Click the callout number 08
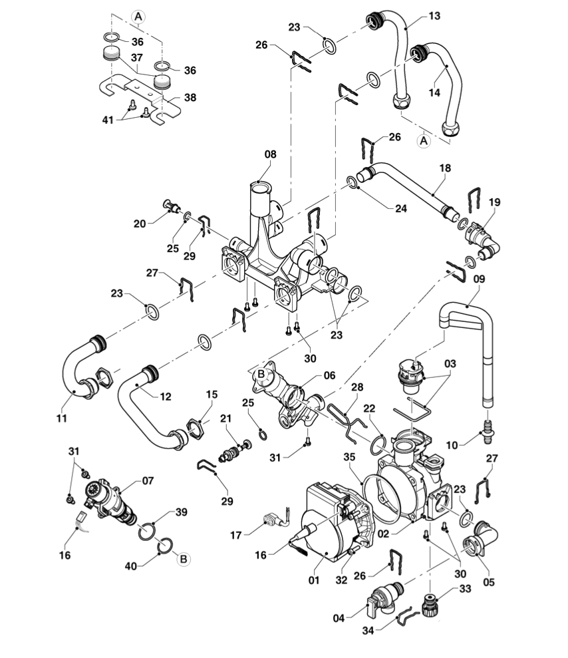point(271,154)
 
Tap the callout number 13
point(434,16)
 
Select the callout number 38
point(190,97)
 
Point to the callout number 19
point(495,202)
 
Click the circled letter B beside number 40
point(184,560)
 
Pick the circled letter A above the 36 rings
point(138,17)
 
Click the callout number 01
point(314,580)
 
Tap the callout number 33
point(465,589)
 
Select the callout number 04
point(339,618)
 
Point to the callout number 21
point(225,418)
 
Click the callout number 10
point(452,445)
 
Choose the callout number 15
point(212,395)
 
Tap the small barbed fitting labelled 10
point(489,432)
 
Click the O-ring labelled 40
point(164,546)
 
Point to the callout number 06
point(330,375)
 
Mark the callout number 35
point(349,457)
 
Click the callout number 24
point(401,208)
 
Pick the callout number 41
point(108,120)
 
